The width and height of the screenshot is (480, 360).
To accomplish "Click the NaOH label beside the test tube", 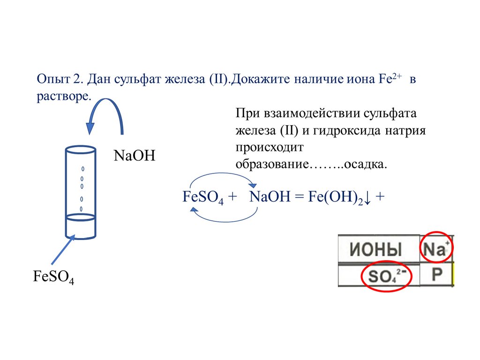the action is point(134,156).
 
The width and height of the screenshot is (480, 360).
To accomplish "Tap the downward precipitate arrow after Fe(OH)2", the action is point(368,197).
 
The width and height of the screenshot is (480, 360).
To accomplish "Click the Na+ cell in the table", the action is point(436,248).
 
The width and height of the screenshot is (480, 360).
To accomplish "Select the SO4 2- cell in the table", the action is point(387,277).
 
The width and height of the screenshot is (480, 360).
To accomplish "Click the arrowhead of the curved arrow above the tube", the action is point(90,128).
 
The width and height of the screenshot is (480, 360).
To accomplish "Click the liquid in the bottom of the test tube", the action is point(81,227).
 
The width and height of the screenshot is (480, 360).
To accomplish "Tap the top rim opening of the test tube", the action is point(80,150).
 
